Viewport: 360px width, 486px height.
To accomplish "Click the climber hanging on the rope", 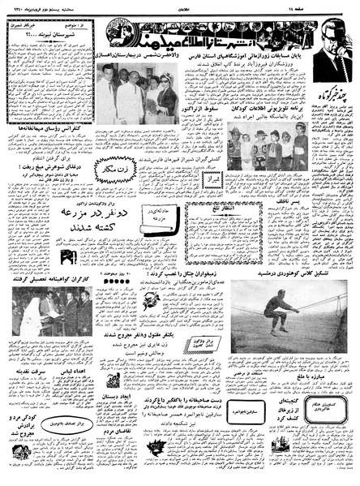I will click(x=281, y=312).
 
